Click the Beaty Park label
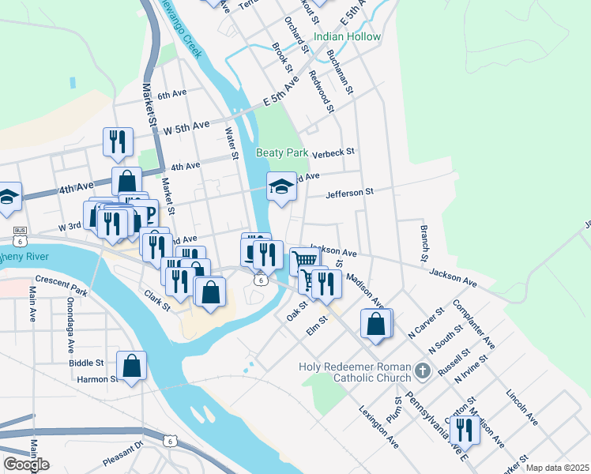tap(281, 152)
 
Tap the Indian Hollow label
tap(347, 37)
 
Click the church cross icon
tap(423, 370)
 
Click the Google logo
tap(26, 465)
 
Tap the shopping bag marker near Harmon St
tap(131, 366)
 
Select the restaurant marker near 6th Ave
tap(118, 141)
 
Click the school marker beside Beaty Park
tap(281, 186)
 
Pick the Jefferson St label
tap(348, 192)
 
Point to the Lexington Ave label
tap(378, 427)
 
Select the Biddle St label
tap(86, 363)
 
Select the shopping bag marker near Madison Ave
tap(375, 324)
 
